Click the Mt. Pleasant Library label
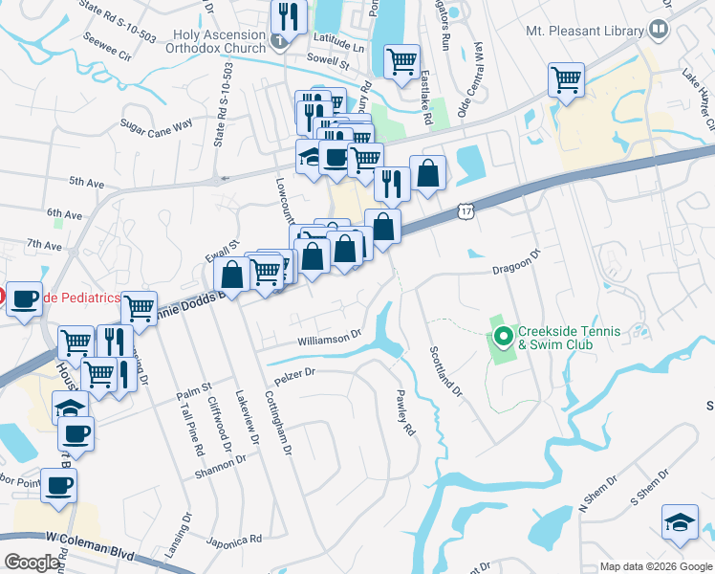tap(585, 31)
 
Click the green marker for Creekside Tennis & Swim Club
tap(503, 337)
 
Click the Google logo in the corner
tap(32, 563)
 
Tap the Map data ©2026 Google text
tap(656, 566)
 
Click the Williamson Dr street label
tap(329, 337)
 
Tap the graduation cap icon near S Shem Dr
tap(679, 521)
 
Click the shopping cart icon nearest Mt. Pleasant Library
tap(566, 78)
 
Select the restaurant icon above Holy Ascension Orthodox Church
tap(287, 15)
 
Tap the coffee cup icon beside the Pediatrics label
tap(25, 298)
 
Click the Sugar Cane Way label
tap(157, 124)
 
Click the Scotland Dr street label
tap(445, 371)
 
